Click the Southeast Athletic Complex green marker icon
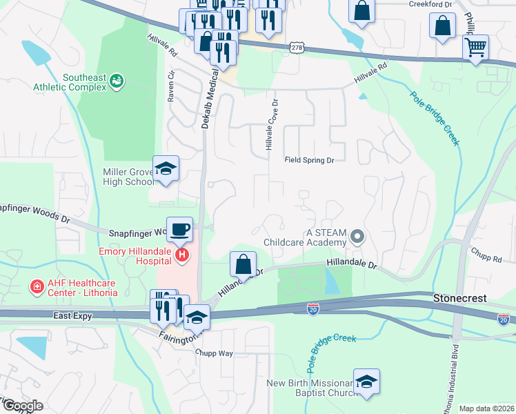[x=117, y=82]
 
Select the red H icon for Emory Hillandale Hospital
[x=182, y=256]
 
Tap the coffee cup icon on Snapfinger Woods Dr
[x=180, y=229]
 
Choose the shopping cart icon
[x=475, y=48]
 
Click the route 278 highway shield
[x=297, y=48]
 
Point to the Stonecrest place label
[x=460, y=299]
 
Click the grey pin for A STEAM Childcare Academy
[x=357, y=237]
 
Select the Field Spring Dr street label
[x=310, y=160]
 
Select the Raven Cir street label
[x=171, y=86]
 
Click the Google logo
[x=22, y=406]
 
